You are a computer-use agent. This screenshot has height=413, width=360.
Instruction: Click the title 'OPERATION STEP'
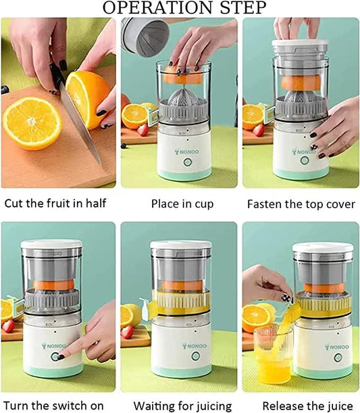point(180,8)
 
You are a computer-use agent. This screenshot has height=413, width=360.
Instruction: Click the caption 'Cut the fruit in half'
point(55,203)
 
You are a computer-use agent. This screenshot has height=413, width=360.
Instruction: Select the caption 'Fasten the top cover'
point(301,203)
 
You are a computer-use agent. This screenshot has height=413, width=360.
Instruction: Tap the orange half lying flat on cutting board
point(32,122)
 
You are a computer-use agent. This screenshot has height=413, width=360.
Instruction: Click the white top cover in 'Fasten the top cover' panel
point(299,47)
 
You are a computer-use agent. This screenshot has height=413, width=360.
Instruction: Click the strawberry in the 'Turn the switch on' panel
point(8,326)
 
